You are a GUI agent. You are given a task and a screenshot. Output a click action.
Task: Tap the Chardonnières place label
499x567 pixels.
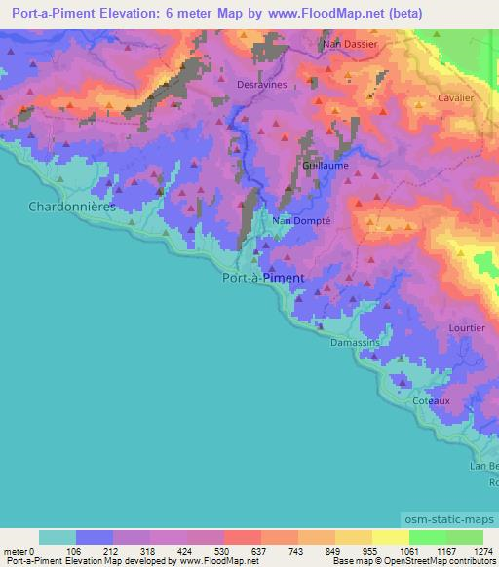click(72, 207)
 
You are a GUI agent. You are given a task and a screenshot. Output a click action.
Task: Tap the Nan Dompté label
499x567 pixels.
click(302, 220)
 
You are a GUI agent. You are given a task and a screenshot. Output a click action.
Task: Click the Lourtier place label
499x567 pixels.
click(467, 328)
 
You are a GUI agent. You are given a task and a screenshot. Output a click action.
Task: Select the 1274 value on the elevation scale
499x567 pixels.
click(484, 551)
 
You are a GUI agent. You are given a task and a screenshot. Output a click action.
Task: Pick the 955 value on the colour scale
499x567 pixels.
click(370, 551)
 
